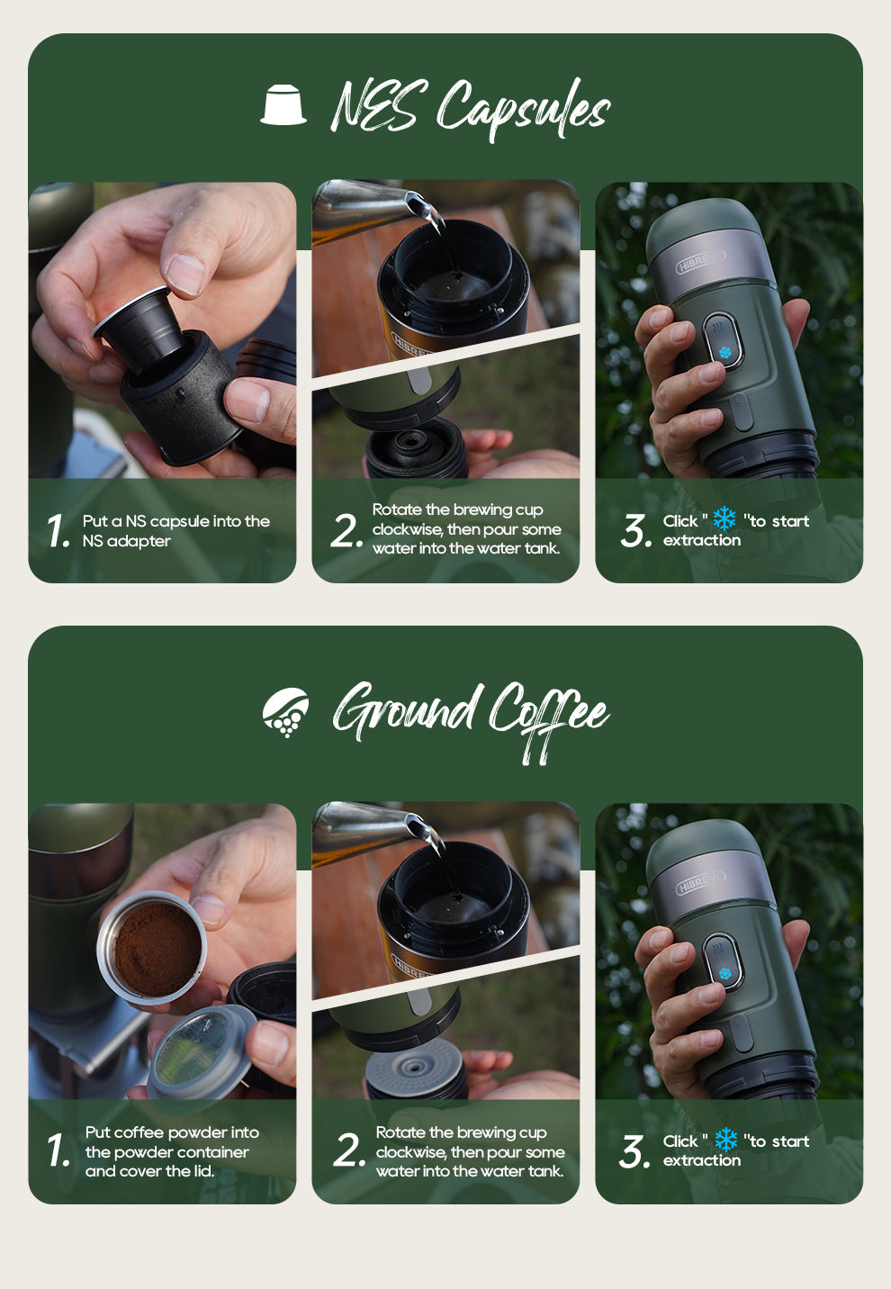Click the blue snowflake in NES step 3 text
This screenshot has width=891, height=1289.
tap(724, 518)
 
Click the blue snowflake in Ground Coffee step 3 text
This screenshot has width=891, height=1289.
tap(725, 1140)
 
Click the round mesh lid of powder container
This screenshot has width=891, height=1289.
tap(200, 1050)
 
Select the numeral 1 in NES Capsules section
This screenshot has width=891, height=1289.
tap(58, 531)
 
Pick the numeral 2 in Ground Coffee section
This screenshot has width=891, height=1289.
tap(347, 1151)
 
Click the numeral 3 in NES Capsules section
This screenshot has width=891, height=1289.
tap(634, 531)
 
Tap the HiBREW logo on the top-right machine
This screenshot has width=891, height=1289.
tap(700, 262)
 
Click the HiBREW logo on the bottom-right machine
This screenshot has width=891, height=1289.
tap(700, 883)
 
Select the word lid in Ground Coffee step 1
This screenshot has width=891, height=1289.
tap(202, 1171)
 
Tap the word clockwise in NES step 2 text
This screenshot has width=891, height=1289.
tap(407, 529)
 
